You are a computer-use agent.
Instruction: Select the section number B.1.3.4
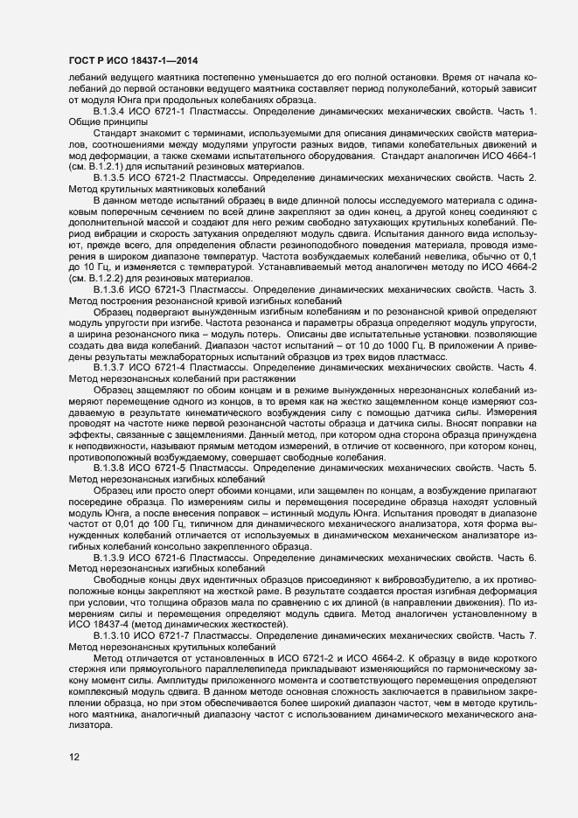tap(112, 114)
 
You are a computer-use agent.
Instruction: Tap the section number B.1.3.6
tap(112, 289)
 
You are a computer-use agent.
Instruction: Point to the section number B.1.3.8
tap(112, 468)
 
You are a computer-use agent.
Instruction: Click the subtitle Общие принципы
tap(97, 123)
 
